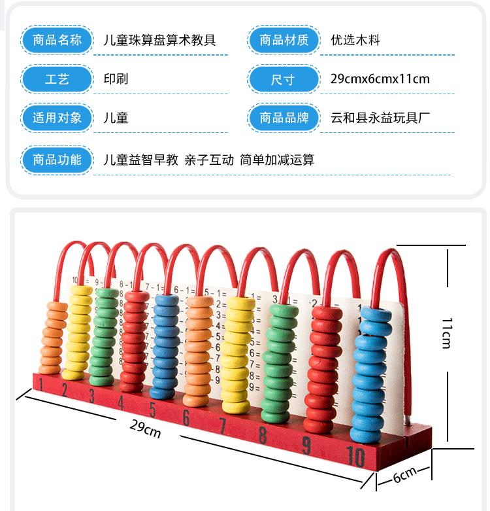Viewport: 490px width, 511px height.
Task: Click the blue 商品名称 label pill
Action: pos(57,40)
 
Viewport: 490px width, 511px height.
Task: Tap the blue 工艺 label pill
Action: pos(57,79)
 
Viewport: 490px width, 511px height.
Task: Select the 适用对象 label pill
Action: pos(57,118)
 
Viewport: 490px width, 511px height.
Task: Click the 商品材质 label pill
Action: pos(284,40)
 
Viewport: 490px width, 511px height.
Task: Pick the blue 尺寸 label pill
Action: pos(284,80)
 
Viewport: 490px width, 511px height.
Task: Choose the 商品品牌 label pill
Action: pos(284,118)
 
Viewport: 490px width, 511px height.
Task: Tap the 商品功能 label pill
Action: pos(57,159)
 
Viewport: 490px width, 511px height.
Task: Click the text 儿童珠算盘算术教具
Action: pos(159,40)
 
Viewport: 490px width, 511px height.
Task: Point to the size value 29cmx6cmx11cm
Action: pos(380,79)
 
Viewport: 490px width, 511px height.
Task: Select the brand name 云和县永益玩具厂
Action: pos(380,118)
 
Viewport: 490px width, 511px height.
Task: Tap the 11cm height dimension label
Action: pos(446,332)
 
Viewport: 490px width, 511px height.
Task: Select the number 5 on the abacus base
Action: pos(152,410)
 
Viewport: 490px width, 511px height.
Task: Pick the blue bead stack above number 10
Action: pos(372,373)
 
